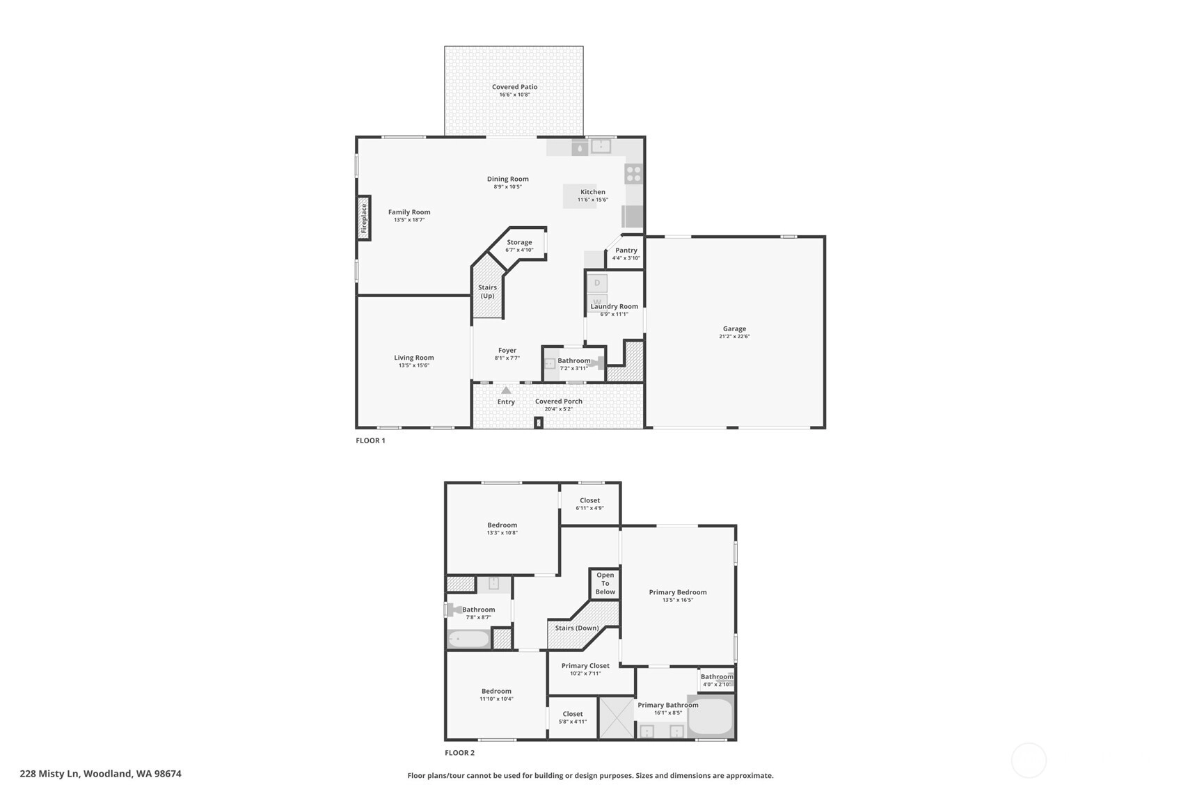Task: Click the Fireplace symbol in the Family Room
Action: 364,218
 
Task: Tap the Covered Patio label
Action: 514,87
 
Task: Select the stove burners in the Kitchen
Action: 634,174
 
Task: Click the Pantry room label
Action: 626,251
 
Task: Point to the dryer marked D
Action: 597,283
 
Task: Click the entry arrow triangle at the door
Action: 506,390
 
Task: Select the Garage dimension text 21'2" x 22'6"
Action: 734,336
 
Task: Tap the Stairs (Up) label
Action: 487,292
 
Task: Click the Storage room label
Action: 519,242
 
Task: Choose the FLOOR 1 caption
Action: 371,440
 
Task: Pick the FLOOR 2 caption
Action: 460,753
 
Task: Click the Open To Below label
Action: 605,584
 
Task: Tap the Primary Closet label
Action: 585,666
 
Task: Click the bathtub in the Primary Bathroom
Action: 711,717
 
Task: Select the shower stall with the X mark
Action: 617,717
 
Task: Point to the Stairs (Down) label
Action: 577,628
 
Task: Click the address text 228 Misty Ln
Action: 49,774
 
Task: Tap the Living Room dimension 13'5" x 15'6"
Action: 414,365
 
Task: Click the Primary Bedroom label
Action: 678,592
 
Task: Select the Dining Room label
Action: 508,179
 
